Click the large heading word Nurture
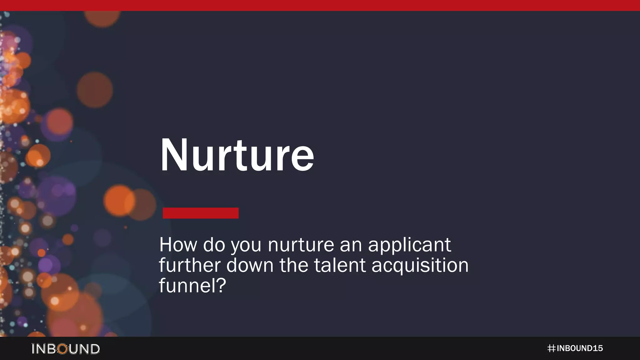click(x=237, y=155)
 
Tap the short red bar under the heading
click(x=201, y=213)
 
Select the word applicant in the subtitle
click(x=409, y=245)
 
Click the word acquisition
click(x=420, y=266)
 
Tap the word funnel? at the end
click(x=192, y=285)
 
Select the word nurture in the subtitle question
click(x=301, y=245)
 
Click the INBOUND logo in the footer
click(x=66, y=349)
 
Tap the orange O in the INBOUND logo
click(x=63, y=349)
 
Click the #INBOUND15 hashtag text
click(x=575, y=348)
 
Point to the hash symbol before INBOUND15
click(x=551, y=348)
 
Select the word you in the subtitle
click(x=246, y=246)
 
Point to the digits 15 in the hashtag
click(x=597, y=348)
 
